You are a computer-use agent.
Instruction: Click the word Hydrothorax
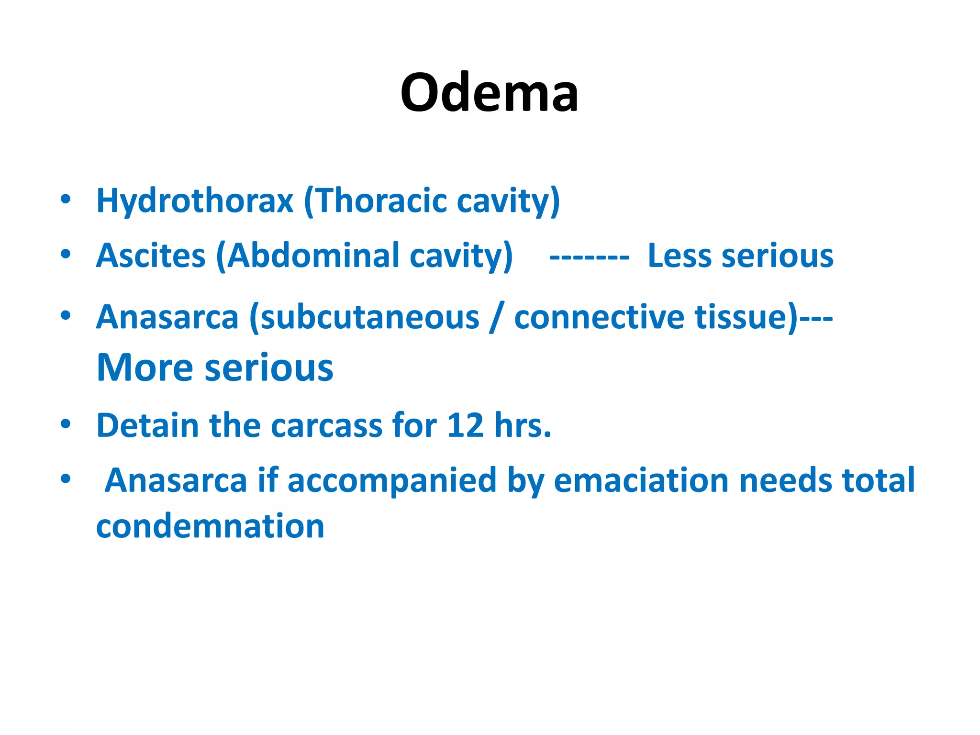194,200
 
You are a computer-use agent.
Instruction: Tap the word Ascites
151,256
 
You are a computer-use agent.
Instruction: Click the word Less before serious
679,256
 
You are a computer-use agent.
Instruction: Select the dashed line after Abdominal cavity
589,257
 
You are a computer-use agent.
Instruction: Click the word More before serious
145,367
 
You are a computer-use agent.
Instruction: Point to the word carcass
326,426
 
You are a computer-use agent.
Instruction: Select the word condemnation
210,526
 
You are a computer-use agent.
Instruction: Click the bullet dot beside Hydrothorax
66,199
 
